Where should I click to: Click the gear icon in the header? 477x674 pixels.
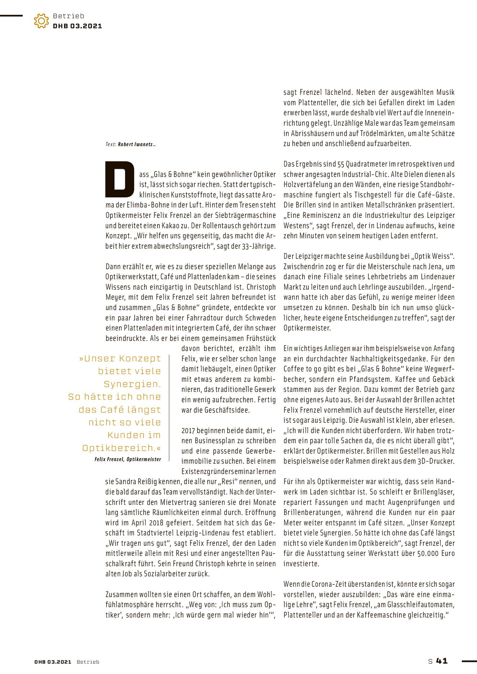tap(41, 21)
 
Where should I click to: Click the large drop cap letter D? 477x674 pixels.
tap(119, 179)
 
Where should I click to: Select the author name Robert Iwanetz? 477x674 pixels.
tap(136, 145)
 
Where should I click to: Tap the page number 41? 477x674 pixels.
tap(442, 661)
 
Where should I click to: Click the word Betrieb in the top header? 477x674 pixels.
tap(68, 16)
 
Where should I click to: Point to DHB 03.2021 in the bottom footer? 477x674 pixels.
tap(53, 662)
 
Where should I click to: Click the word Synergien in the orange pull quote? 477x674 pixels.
tap(132, 384)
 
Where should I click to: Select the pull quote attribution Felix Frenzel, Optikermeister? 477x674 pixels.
tap(128, 459)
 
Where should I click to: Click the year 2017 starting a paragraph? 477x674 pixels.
tap(188, 431)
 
